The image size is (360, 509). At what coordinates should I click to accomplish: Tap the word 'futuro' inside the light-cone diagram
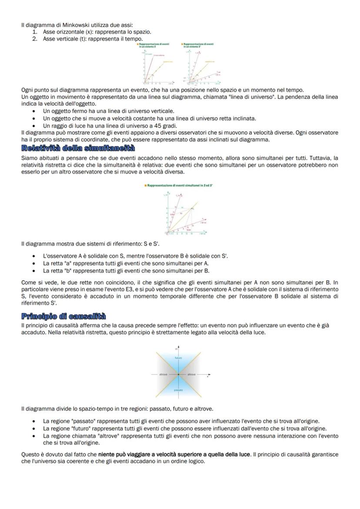178,358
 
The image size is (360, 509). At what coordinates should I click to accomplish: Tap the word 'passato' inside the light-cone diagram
178,390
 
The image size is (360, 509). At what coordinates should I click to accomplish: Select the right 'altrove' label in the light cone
192,374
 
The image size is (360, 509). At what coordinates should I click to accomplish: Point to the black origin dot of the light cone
178,374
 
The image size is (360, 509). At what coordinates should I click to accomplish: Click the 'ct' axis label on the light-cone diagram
177,348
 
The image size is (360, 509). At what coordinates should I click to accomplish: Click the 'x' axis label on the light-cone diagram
208,377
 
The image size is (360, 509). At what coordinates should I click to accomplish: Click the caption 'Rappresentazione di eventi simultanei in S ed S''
180,185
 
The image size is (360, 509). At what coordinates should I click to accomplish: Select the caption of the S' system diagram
199,45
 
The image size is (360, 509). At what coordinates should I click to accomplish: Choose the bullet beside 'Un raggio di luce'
33,126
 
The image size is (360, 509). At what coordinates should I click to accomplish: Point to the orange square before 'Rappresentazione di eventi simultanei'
145,185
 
